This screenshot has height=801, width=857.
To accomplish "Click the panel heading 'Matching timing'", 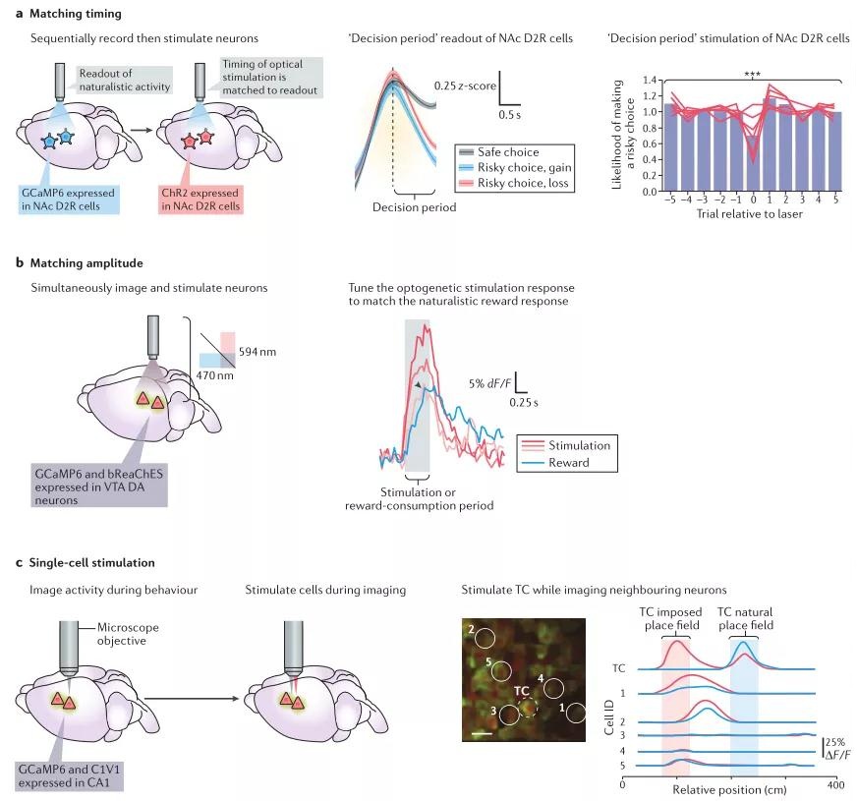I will pyautogui.click(x=69, y=15).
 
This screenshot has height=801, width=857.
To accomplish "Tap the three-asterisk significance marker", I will pyautogui.click(x=751, y=74).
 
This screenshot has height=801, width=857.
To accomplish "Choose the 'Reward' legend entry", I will pyautogui.click(x=570, y=462).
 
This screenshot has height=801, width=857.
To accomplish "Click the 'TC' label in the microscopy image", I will pyautogui.click(x=521, y=690).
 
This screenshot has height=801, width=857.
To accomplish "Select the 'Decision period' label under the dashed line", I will pyautogui.click(x=414, y=207).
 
